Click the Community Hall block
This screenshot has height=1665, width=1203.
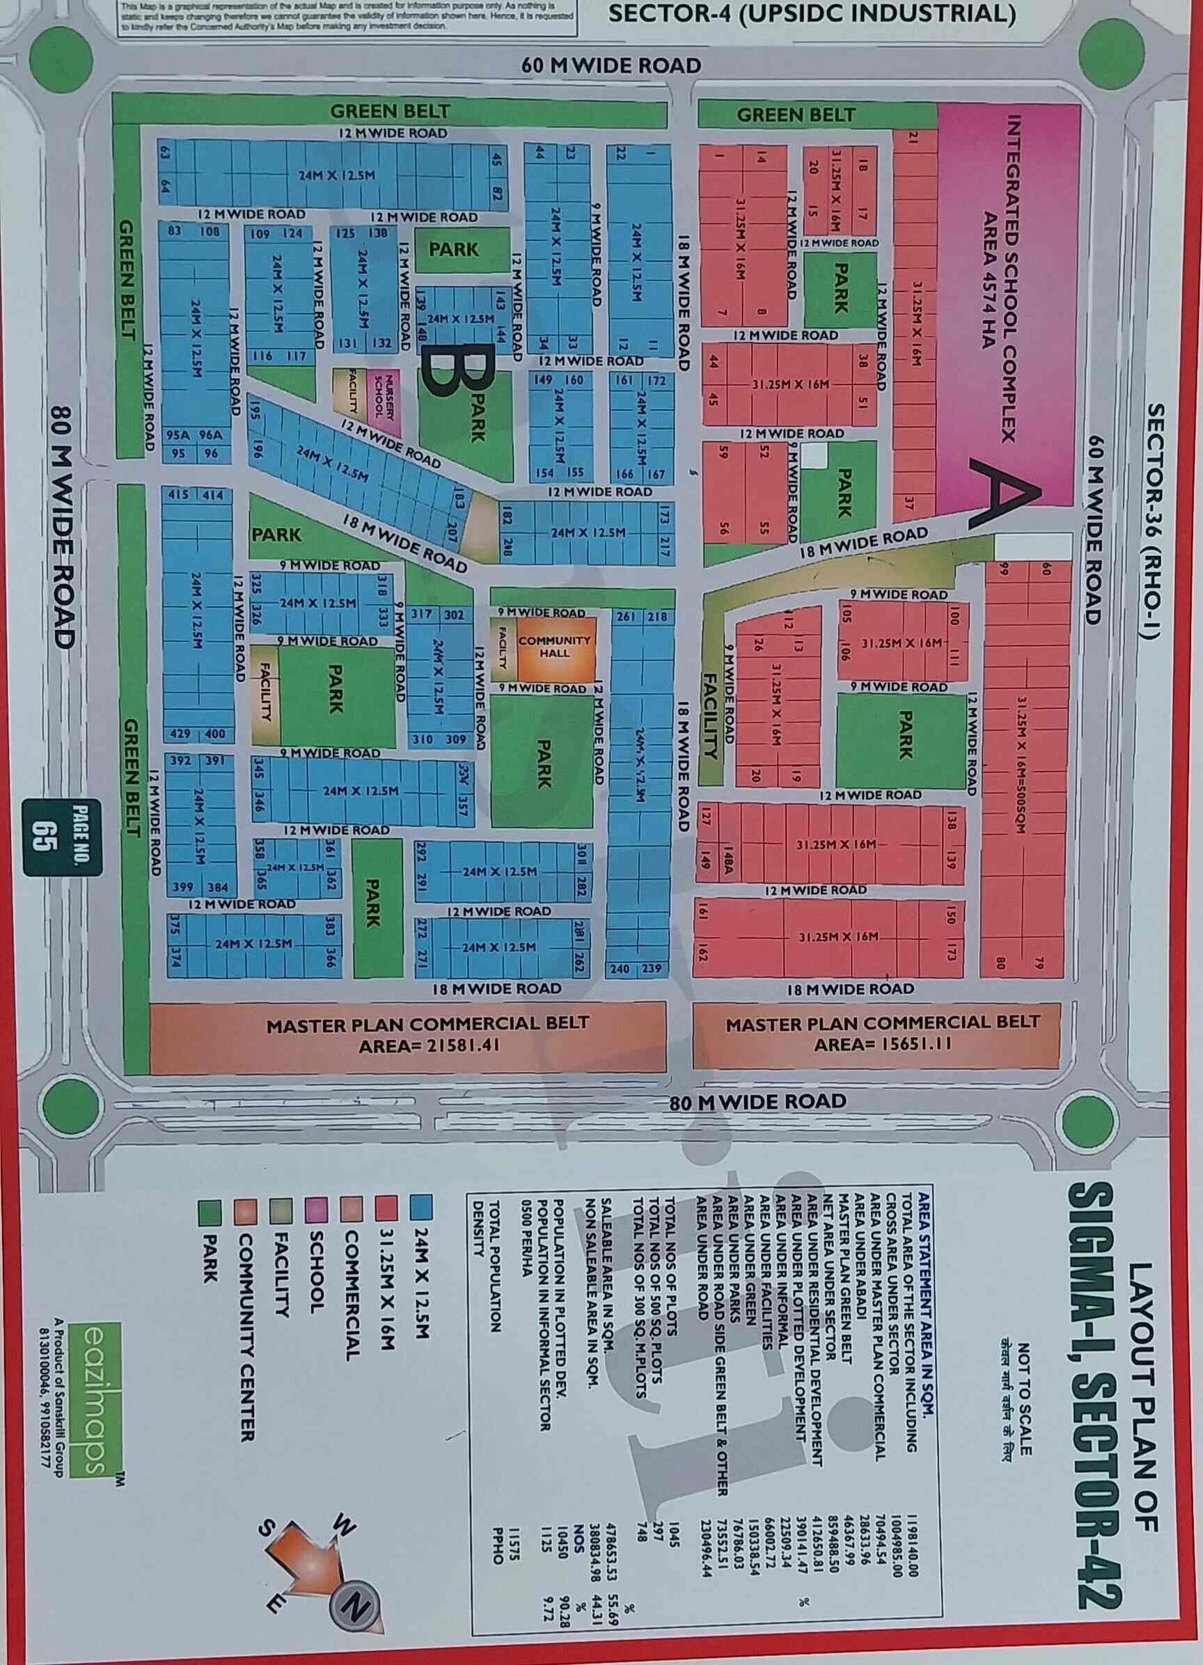pyautogui.click(x=554, y=647)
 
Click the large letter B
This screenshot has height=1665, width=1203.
pyautogui.click(x=455, y=375)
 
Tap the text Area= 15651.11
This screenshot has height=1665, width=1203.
pyautogui.click(x=883, y=1043)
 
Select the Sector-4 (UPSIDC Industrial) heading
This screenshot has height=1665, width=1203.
pyautogui.click(x=812, y=14)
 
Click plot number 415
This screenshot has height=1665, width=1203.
pyautogui.click(x=178, y=495)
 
